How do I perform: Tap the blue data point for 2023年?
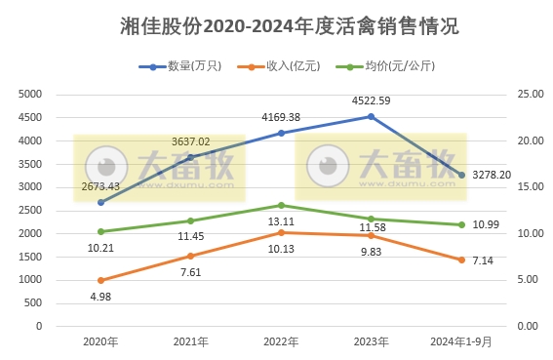click(371, 116)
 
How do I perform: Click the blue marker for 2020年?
click(100, 202)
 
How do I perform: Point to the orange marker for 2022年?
click(281, 232)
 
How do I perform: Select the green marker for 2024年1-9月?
click(461, 224)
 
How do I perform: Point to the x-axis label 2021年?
click(190, 341)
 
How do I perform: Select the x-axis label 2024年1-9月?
click(461, 341)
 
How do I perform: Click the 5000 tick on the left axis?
click(32, 94)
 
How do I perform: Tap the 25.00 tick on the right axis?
click(529, 94)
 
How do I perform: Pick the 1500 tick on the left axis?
click(32, 257)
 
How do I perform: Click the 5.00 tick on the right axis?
click(527, 280)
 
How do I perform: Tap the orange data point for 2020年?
click(100, 280)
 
